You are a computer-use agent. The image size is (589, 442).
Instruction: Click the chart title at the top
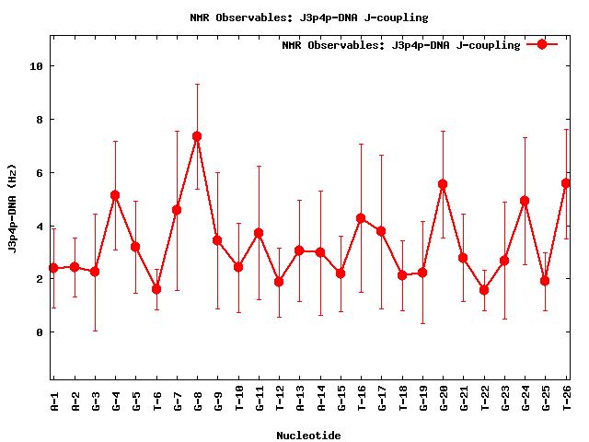(308, 17)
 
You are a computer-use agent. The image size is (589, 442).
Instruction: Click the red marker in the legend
(542, 44)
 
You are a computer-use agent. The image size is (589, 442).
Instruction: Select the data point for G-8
(197, 136)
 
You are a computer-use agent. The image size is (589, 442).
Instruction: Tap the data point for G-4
(115, 195)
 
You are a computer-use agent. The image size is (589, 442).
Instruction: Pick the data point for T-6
(156, 289)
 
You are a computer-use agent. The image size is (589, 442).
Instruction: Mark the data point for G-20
(443, 184)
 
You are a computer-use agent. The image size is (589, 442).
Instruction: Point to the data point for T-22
(484, 290)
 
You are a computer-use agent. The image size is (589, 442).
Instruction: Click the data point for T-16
(361, 218)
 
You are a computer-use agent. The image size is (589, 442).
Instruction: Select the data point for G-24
(525, 201)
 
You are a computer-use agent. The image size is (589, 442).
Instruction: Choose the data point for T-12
(279, 282)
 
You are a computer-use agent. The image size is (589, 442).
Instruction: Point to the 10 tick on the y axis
(36, 66)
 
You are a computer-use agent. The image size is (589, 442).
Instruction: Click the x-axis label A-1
(54, 398)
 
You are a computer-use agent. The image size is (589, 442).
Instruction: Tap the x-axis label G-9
(218, 398)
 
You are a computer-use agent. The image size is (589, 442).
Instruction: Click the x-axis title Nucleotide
(308, 436)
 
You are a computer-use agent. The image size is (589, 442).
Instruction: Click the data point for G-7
(177, 210)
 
